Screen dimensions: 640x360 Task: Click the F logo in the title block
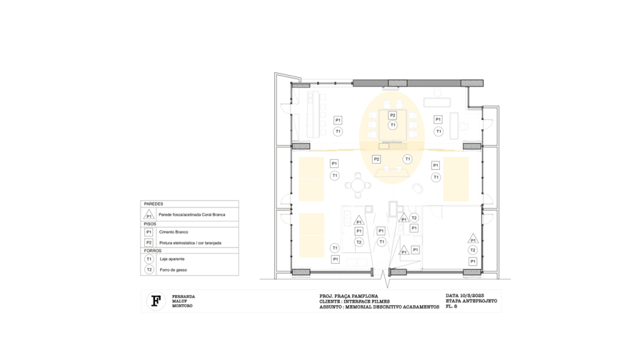tap(156, 301)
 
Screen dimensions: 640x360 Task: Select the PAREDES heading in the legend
tap(154, 204)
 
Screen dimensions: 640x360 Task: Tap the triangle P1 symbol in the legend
tap(149, 215)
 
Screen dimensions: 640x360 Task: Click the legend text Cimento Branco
tap(174, 232)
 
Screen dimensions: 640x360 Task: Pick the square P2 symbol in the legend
tap(149, 242)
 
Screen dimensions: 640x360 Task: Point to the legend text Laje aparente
tap(172, 259)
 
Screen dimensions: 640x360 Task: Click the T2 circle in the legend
tap(149, 269)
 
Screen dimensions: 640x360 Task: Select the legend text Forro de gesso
tap(173, 270)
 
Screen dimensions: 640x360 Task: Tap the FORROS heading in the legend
tap(152, 251)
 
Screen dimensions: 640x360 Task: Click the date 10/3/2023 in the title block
tap(472, 296)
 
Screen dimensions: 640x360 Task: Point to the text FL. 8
tap(451, 306)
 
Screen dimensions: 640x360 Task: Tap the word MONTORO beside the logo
tap(182, 306)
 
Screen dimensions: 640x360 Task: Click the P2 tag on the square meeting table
tap(392, 116)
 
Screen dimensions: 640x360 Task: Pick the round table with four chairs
tap(358, 186)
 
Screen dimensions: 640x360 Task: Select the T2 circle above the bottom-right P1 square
tap(472, 250)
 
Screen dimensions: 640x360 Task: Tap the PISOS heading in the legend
tap(150, 224)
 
